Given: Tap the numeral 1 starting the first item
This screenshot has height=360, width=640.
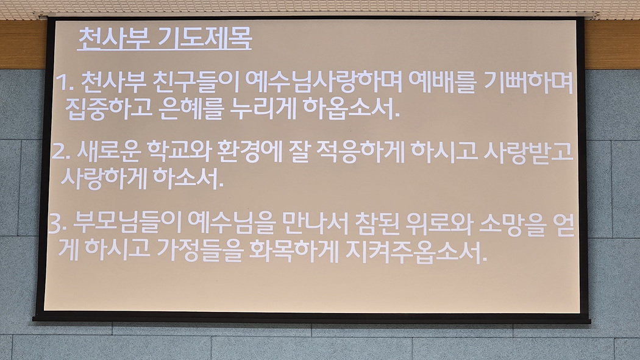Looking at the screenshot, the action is [x=62, y=83].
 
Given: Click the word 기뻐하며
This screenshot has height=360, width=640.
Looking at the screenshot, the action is [x=528, y=82].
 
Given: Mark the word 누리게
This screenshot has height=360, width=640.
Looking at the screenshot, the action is [x=263, y=109].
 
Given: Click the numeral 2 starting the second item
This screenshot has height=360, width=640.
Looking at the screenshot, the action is [x=59, y=152].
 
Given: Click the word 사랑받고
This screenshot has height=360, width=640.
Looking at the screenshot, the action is [x=529, y=151].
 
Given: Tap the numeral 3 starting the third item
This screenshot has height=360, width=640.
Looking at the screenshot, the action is [x=55, y=224].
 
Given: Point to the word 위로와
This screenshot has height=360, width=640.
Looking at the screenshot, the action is [x=439, y=224].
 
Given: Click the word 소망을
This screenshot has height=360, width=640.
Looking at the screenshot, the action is [x=512, y=224].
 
